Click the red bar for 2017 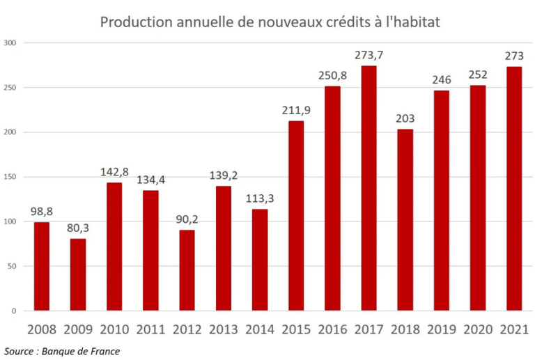pyautogui.click(x=369, y=188)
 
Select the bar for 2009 pyautogui.click(x=78, y=274)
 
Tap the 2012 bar pyautogui.click(x=187, y=270)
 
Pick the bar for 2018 pyautogui.click(x=405, y=219)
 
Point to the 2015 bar pyautogui.click(x=296, y=216)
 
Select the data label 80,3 pyautogui.click(x=78, y=228)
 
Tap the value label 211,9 pyautogui.click(x=296, y=110)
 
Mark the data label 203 pyautogui.click(x=405, y=118)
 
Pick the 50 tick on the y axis pyautogui.click(x=12, y=266)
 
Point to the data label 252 pyautogui.click(x=477, y=75)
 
